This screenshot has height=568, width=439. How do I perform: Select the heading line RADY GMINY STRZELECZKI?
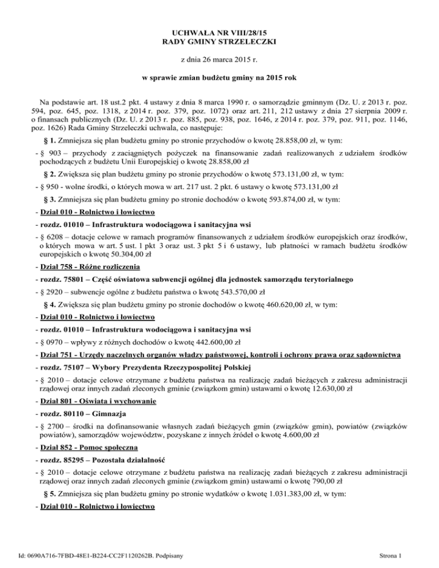pos(220,42)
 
